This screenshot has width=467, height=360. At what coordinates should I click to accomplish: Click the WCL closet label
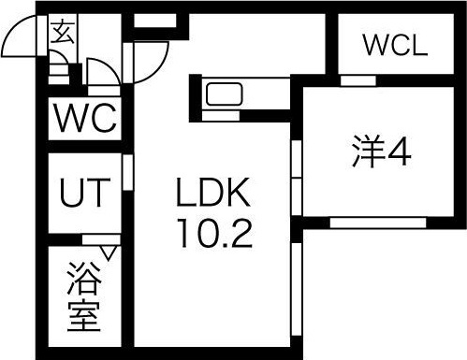coord(394,43)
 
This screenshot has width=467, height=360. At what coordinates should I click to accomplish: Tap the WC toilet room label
coord(83,119)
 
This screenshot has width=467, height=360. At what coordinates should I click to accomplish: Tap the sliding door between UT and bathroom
coord(98,239)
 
